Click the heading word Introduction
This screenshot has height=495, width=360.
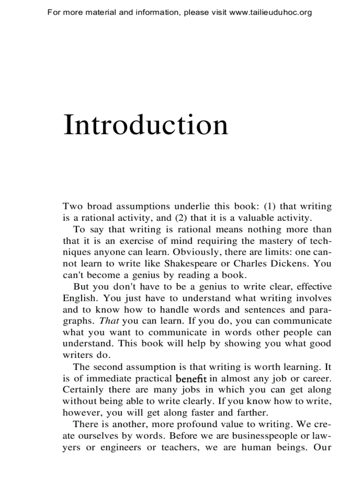(146, 125)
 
